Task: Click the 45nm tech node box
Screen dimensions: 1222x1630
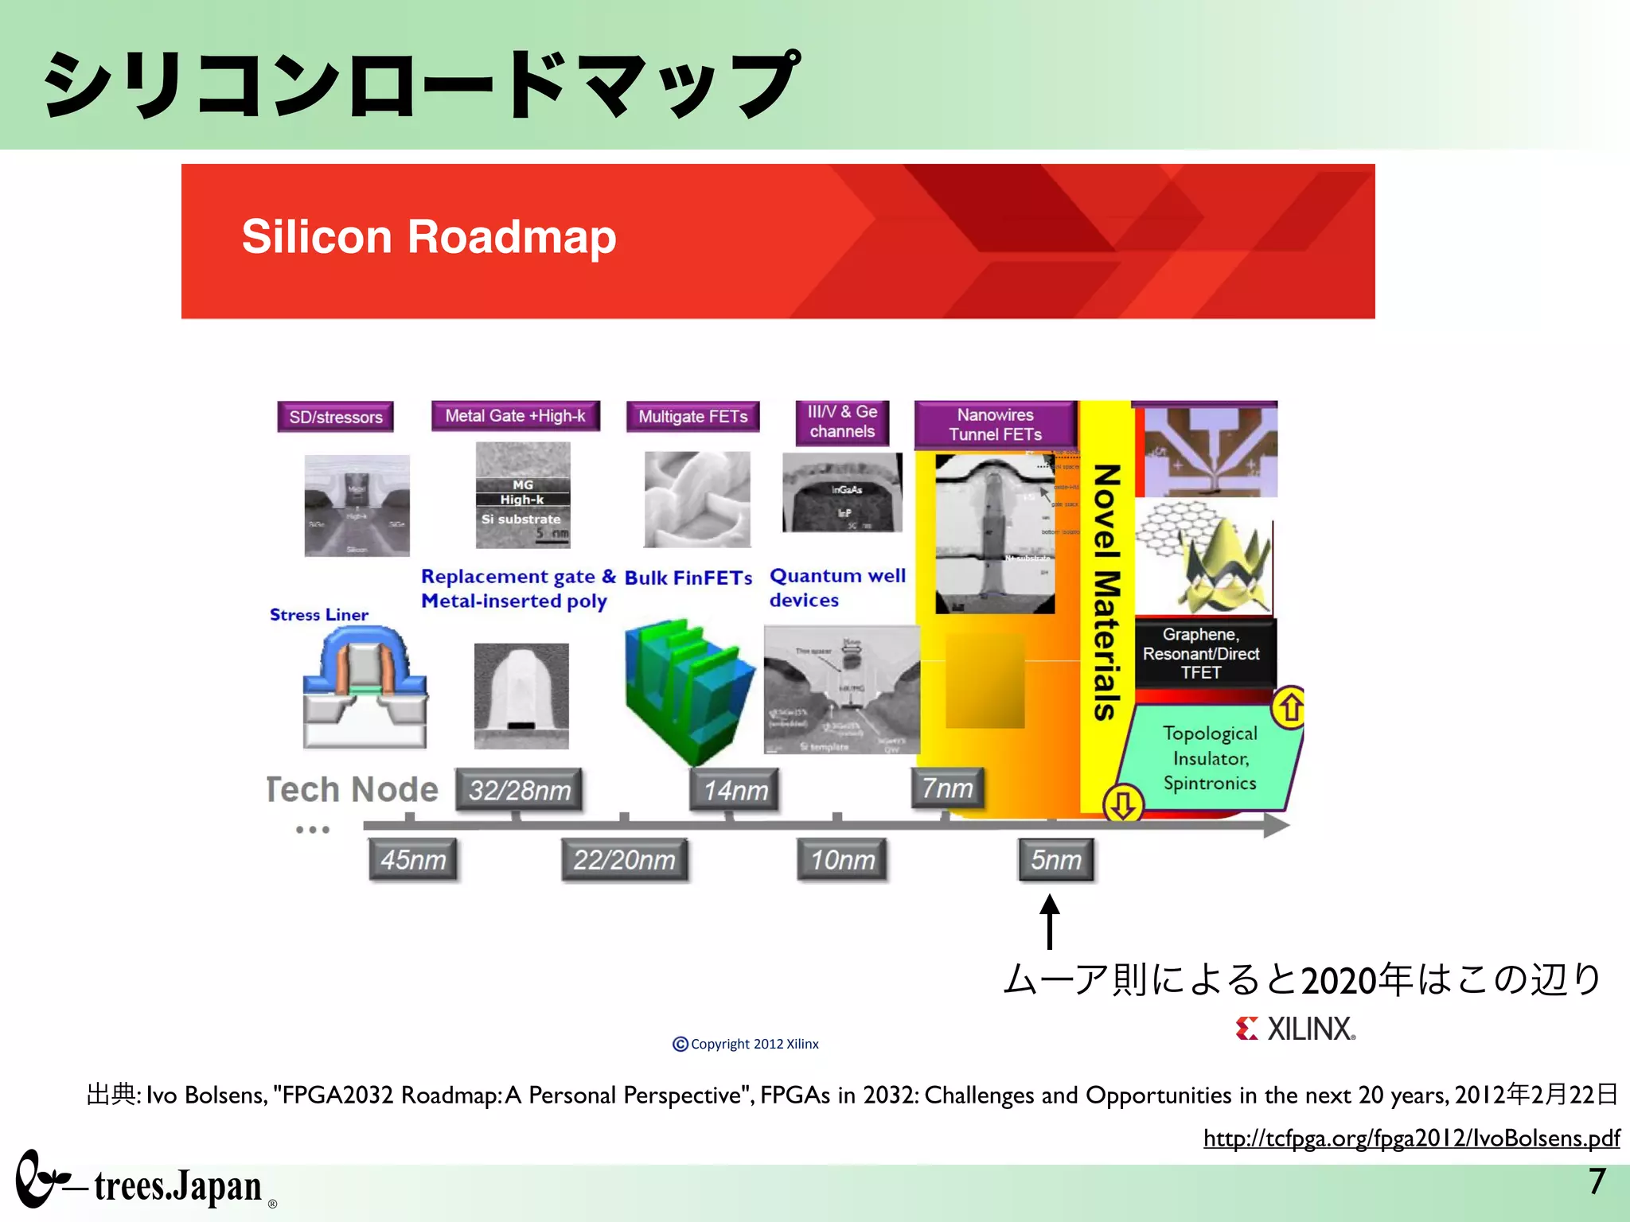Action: click(x=413, y=859)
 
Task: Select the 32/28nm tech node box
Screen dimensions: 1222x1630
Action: click(x=519, y=790)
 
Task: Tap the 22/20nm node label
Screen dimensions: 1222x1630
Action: click(x=625, y=859)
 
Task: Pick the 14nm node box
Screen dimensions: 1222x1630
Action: click(x=735, y=790)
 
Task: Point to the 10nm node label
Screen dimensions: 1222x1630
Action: click(x=842, y=859)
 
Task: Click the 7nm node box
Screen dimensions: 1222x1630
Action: click(x=947, y=788)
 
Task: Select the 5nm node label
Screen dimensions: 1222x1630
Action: click(x=1056, y=859)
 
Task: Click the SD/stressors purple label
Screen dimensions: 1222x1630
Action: click(x=335, y=417)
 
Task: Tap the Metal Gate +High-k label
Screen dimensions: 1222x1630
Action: click(x=515, y=415)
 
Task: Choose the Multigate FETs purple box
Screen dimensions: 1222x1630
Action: click(x=692, y=416)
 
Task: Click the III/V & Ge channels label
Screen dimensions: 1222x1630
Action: click(x=842, y=422)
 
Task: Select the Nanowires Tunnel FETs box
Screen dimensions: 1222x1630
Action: click(x=995, y=424)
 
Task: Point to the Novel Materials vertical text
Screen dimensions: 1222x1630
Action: click(x=1106, y=593)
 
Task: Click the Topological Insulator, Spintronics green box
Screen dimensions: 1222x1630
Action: click(x=1209, y=757)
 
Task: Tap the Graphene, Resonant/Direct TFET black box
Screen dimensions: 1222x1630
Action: click(x=1201, y=653)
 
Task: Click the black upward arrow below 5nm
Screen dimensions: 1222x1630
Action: click(x=1050, y=920)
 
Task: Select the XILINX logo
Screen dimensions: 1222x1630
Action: click(x=1296, y=1029)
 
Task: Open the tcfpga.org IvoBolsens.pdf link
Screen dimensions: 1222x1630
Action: click(x=1411, y=1138)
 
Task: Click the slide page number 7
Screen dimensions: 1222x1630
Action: click(x=1597, y=1181)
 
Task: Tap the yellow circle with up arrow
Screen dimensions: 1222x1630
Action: click(x=1290, y=707)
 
